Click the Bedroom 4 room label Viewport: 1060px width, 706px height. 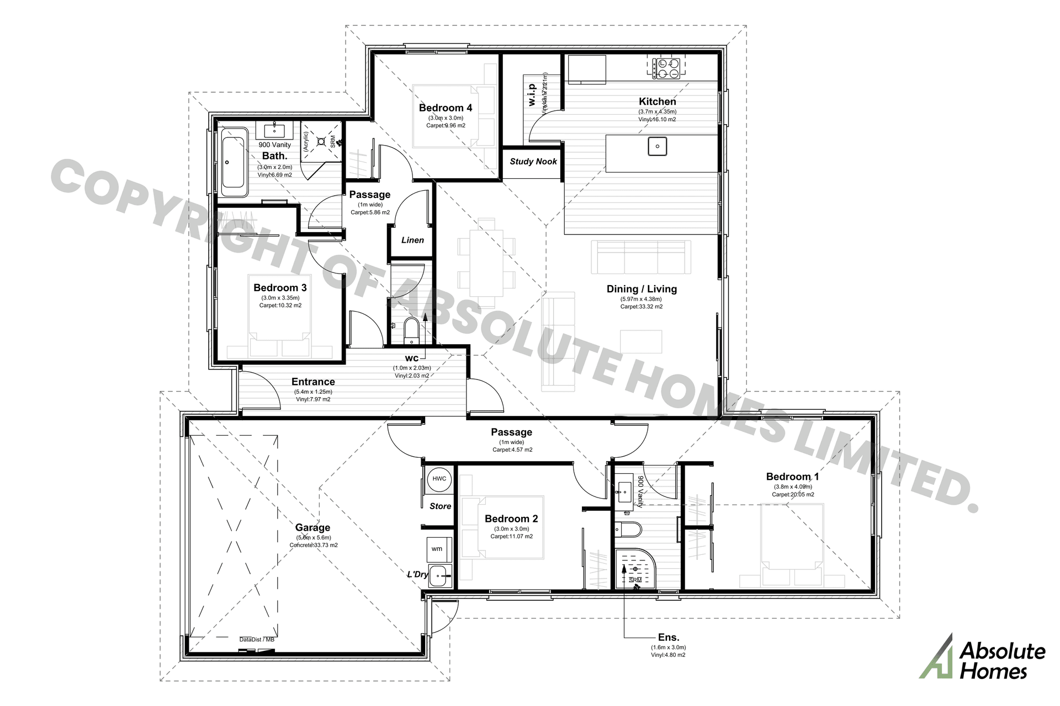[x=445, y=108]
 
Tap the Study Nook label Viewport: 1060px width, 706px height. [x=533, y=162]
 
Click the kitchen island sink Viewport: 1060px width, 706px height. [x=658, y=147]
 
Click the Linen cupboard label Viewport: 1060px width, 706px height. [x=412, y=240]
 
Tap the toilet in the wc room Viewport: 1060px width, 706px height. [x=411, y=329]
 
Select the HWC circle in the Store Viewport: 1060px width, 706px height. [x=439, y=479]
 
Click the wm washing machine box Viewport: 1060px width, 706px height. [x=437, y=549]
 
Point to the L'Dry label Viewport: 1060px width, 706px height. [x=417, y=575]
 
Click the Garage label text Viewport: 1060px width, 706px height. [x=312, y=528]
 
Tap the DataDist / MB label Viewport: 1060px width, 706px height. [x=257, y=640]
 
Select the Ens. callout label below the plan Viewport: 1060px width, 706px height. [x=668, y=638]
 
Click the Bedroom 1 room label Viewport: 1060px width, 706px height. [x=792, y=477]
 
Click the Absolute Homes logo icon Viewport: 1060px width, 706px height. [x=937, y=656]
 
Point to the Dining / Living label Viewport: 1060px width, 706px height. [x=641, y=289]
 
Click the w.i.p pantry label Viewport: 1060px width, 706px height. [x=532, y=94]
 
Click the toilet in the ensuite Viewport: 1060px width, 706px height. [x=629, y=530]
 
